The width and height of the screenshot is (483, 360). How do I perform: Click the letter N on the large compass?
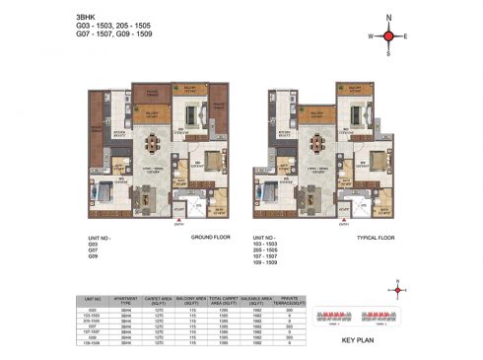pos(388,18)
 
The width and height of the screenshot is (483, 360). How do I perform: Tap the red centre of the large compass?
pos(388,36)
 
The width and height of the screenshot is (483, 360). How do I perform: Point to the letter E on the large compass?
pos(406,36)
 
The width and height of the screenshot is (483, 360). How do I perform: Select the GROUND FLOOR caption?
pos(209,238)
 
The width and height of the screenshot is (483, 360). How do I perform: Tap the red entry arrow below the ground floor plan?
pos(177,221)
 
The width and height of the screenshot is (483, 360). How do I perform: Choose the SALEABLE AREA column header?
pos(249,296)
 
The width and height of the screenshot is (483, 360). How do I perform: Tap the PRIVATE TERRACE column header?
pos(281,296)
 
